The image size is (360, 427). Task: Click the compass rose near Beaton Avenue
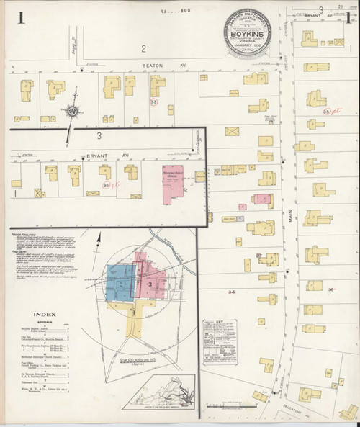pos(71,112)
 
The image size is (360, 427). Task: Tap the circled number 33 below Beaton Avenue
pos(153,103)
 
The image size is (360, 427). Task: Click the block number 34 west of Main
pos(230,292)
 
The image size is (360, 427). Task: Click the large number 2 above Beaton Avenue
pos(143,48)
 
